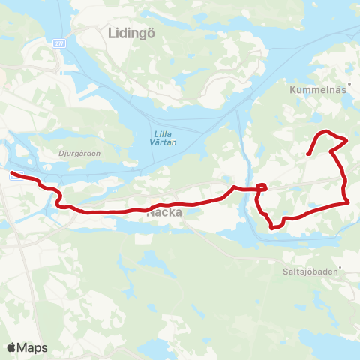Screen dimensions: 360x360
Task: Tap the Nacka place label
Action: click(164, 213)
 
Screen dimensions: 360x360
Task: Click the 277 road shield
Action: click(58, 46)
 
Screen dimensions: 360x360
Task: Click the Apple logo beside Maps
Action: click(11, 347)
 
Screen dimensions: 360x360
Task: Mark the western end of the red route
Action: click(11, 174)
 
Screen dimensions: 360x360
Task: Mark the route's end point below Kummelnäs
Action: click(309, 154)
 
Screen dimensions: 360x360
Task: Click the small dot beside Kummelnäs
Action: click(349, 84)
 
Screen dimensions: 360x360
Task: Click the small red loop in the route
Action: click(262, 187)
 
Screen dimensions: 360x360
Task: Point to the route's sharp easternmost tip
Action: click(346, 140)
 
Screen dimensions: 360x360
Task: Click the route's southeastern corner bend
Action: click(348, 202)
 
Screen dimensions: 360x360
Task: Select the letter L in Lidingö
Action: click(112, 32)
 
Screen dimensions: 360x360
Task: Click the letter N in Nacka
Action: click(151, 213)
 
